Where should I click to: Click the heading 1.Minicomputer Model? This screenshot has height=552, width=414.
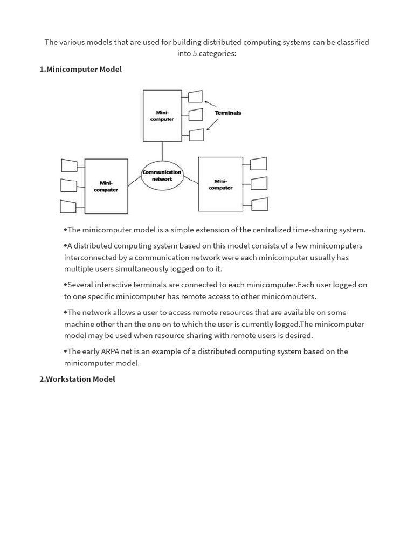(x=80, y=70)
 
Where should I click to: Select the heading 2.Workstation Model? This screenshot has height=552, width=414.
(x=77, y=379)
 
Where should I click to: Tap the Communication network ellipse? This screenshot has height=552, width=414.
(x=162, y=175)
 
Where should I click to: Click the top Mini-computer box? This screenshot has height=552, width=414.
(x=162, y=116)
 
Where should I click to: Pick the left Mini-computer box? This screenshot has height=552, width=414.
(x=106, y=186)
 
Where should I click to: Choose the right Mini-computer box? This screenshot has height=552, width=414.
(x=220, y=184)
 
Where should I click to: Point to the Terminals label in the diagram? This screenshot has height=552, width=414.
(x=228, y=113)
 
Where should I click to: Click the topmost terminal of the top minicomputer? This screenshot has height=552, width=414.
(x=195, y=96)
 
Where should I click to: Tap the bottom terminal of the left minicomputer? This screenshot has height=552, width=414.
(x=68, y=206)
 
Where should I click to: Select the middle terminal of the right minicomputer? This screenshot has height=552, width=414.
(x=259, y=183)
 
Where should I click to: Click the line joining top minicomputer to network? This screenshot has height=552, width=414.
(x=162, y=151)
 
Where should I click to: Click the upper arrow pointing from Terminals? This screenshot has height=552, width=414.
(x=210, y=103)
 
